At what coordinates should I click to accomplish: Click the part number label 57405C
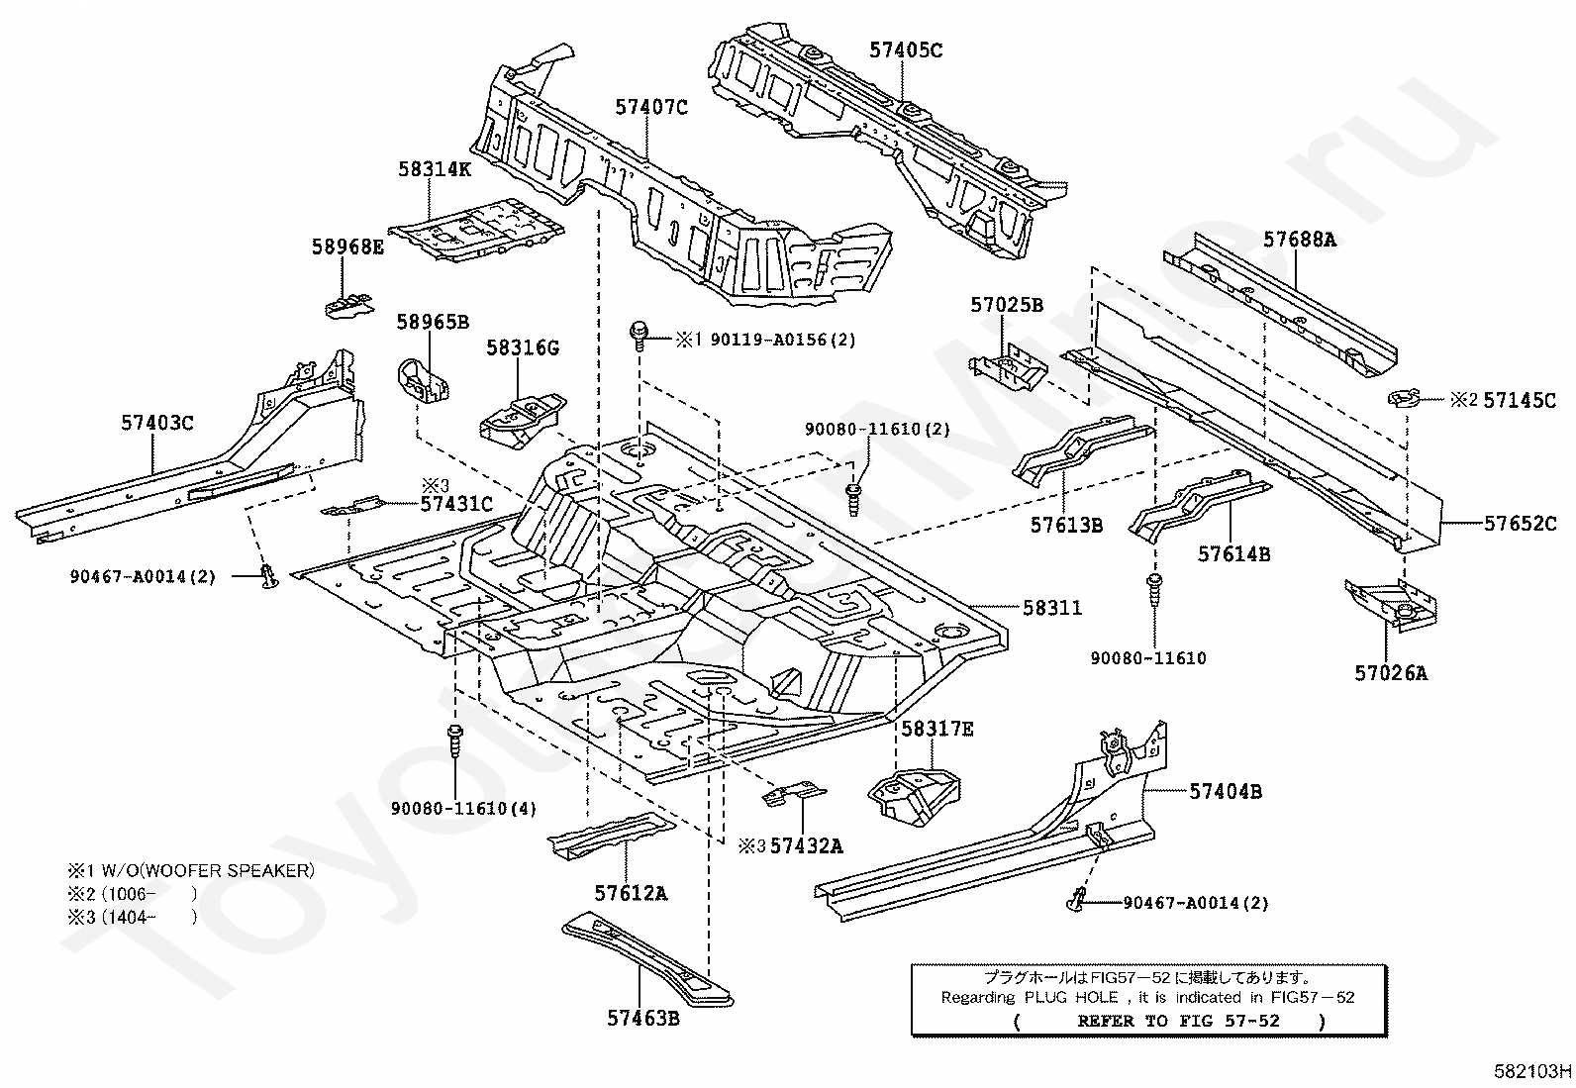tap(906, 49)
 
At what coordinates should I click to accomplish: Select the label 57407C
tap(651, 107)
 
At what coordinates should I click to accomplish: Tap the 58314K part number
tap(435, 169)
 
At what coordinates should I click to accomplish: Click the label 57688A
tap(1299, 240)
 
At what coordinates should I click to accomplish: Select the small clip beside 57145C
tap(1404, 398)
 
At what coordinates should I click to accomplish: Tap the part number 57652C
tap(1520, 523)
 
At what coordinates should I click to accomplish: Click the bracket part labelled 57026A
tap(1391, 603)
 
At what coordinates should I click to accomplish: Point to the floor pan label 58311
tap(1052, 607)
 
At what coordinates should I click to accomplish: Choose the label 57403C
tap(156, 423)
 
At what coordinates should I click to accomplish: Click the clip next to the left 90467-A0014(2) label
tap(268, 575)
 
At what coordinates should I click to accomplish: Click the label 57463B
tap(643, 1018)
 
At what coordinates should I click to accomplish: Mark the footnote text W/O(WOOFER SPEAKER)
tap(208, 870)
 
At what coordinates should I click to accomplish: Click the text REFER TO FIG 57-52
tap(1178, 1021)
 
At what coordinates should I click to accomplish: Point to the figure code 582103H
tap(1532, 1071)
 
